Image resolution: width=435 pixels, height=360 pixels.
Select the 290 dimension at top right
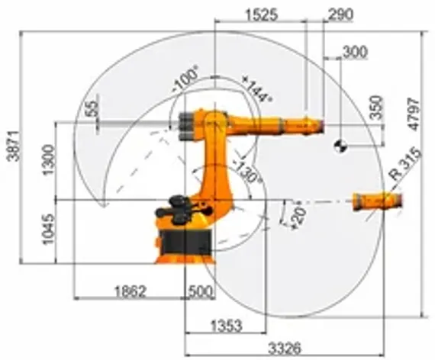[x=333, y=12]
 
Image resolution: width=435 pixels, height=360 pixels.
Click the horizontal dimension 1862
[x=130, y=291]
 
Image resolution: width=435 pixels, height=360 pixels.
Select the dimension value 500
[x=200, y=291]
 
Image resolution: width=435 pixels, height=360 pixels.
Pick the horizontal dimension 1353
[x=225, y=326]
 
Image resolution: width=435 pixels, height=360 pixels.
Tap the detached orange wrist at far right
[x=377, y=201]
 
